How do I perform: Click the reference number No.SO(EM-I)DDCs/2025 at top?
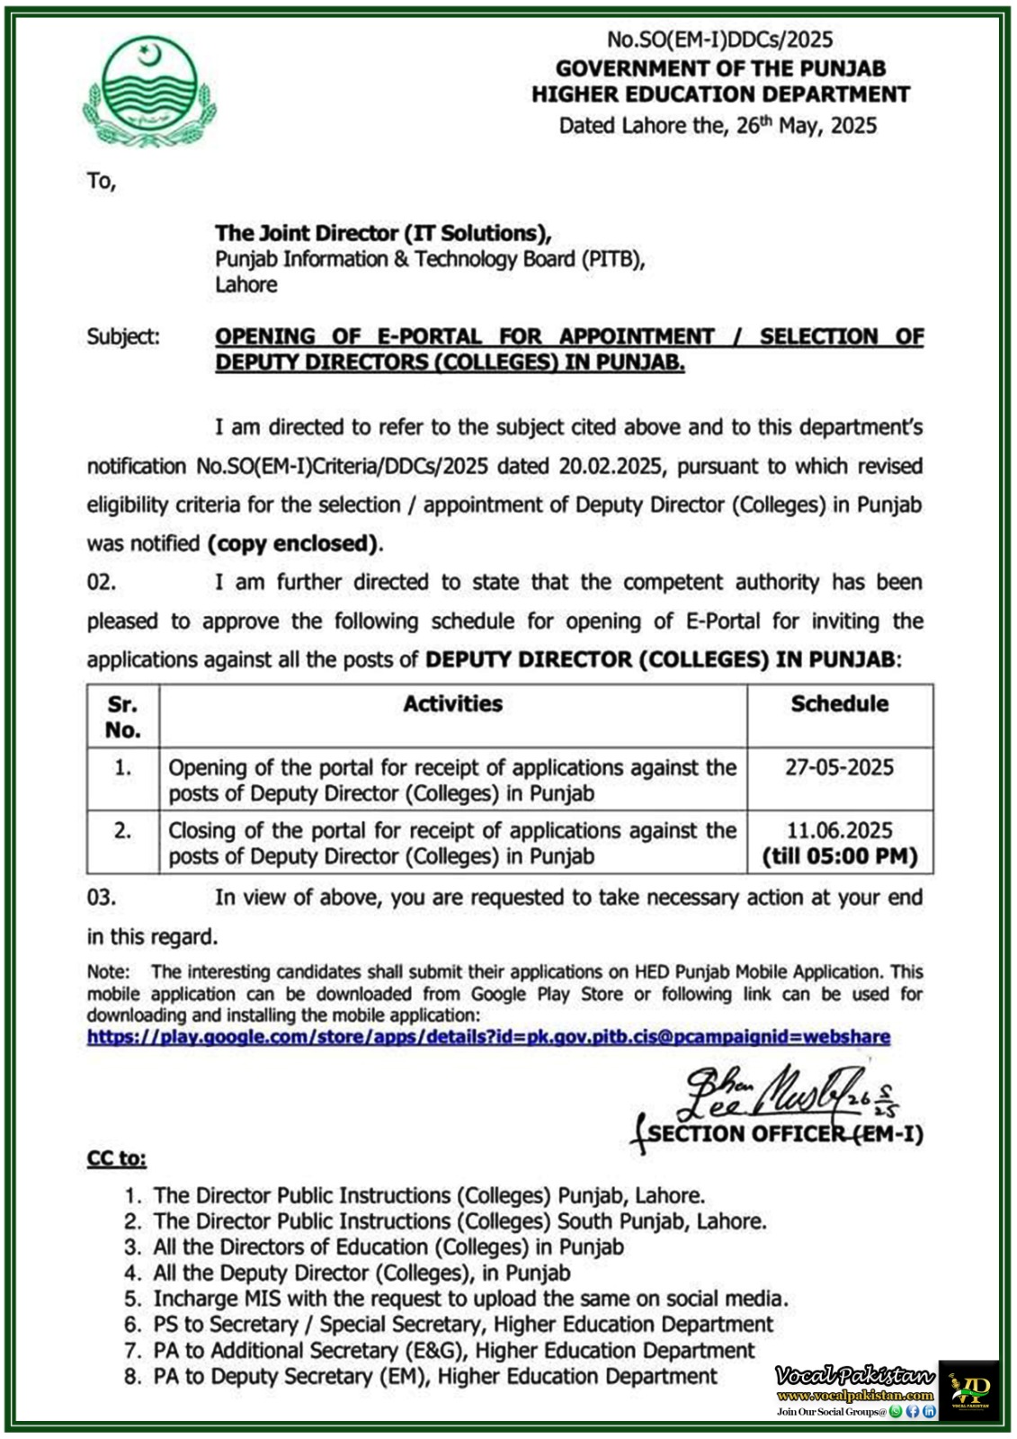tap(719, 40)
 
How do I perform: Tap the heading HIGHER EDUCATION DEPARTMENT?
tap(720, 94)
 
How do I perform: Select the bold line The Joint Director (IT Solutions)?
tap(383, 233)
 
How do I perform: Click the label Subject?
tap(123, 336)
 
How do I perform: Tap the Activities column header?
tap(452, 704)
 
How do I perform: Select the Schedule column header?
tap(839, 704)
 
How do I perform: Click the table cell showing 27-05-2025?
tap(839, 767)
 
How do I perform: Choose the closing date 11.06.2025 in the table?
tap(839, 830)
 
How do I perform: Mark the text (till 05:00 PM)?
tap(840, 856)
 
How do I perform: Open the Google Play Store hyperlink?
tap(488, 1037)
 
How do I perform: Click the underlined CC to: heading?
tap(116, 1158)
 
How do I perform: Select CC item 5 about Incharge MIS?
tap(469, 1299)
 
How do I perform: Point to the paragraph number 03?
tap(102, 897)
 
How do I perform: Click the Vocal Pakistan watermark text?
tap(854, 1376)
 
